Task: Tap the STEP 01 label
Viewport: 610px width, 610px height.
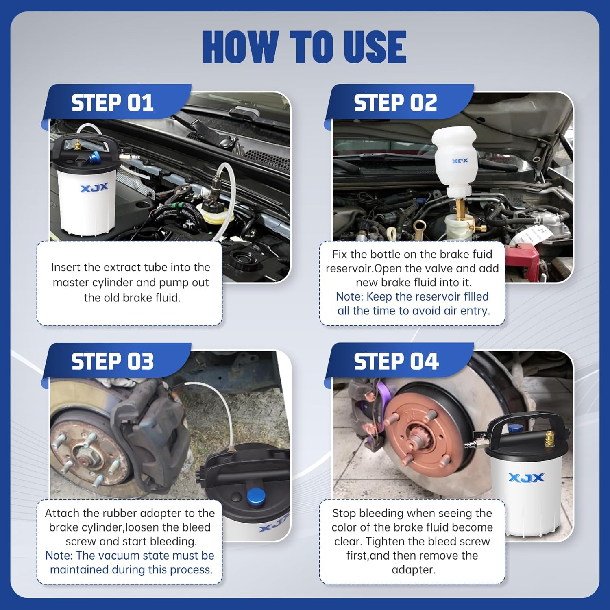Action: pos(112,102)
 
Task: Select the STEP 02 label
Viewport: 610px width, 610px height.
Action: pos(395,102)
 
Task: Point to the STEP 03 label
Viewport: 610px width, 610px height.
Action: pos(112,362)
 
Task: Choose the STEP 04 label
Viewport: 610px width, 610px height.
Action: pos(396,362)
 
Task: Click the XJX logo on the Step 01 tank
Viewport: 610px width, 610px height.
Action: pos(94,187)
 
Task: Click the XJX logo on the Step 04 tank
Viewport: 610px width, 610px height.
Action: pos(526,477)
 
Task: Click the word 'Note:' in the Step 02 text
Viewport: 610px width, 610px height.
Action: pos(349,297)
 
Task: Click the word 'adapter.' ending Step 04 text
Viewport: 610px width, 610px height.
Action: pos(414,570)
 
